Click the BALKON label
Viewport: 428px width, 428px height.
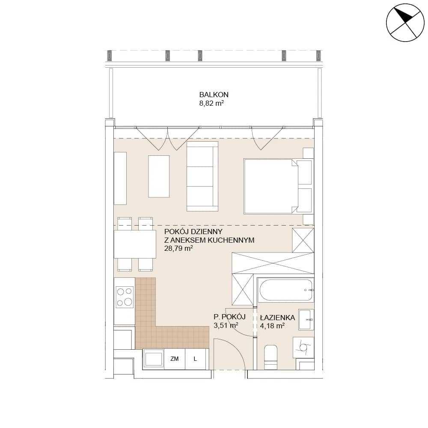pyautogui.click(x=214, y=95)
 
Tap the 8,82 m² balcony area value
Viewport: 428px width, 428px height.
pyautogui.click(x=211, y=103)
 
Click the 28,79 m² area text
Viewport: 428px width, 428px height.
pyautogui.click(x=178, y=248)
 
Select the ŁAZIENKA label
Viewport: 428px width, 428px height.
pyautogui.click(x=278, y=318)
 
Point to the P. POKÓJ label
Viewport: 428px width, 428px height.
pyautogui.click(x=229, y=317)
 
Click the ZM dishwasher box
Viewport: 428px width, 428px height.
pyautogui.click(x=175, y=359)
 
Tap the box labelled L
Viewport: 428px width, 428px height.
pyautogui.click(x=196, y=359)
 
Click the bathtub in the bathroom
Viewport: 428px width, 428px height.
pyautogui.click(x=285, y=290)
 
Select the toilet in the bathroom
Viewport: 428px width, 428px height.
pyautogui.click(x=271, y=357)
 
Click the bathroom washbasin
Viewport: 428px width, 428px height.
pyautogui.click(x=306, y=320)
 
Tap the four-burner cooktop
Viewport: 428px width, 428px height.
pyautogui.click(x=125, y=297)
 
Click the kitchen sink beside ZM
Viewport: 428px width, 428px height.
pyautogui.click(x=153, y=359)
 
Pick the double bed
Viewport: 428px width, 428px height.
pyautogui.click(x=278, y=186)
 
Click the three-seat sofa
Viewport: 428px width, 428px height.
pyautogui.click(x=202, y=176)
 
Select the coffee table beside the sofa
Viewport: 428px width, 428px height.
pyautogui.click(x=159, y=176)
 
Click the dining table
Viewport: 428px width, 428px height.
pyautogui.click(x=135, y=244)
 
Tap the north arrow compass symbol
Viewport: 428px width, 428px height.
pyautogui.click(x=405, y=23)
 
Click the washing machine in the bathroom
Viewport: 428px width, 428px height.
pyautogui.click(x=303, y=347)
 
